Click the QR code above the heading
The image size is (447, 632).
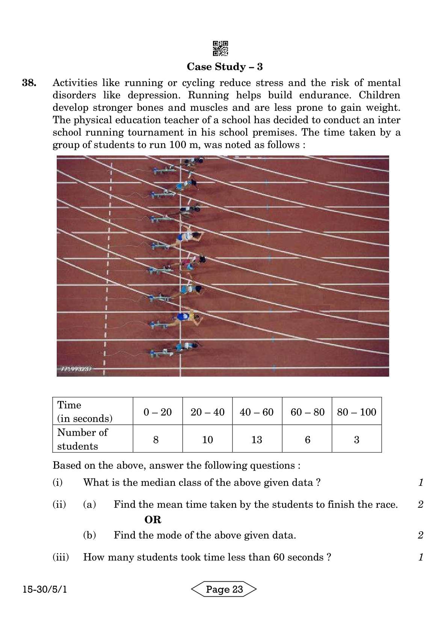[220, 48]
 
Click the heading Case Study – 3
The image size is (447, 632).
[225, 67]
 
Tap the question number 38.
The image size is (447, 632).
[29, 83]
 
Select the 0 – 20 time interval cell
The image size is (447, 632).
[157, 412]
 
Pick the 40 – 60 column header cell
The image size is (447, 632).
[257, 412]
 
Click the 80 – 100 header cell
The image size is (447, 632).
[356, 412]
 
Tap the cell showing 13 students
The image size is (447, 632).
[257, 439]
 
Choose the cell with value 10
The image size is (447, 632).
[207, 439]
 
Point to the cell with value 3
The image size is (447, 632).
[356, 439]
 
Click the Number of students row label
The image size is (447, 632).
[82, 439]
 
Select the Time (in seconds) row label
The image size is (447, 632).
[84, 412]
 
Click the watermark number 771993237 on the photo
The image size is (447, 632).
[76, 369]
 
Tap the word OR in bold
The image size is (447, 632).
[153, 520]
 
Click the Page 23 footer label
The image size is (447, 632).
[224, 589]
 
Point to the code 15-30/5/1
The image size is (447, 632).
[45, 589]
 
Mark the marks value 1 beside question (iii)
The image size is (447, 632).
[421, 557]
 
